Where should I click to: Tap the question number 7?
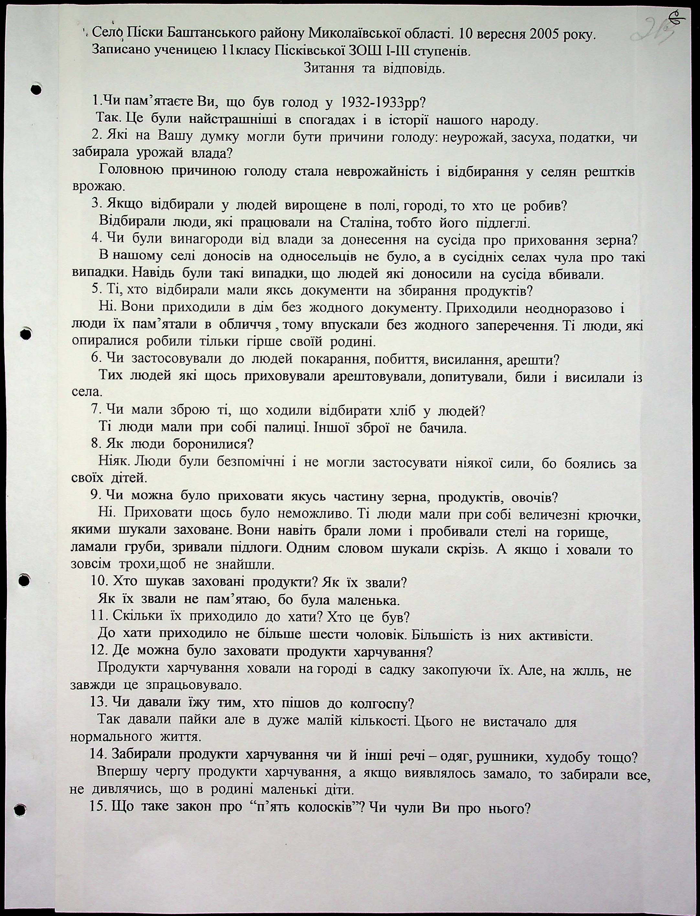pos(95,410)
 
